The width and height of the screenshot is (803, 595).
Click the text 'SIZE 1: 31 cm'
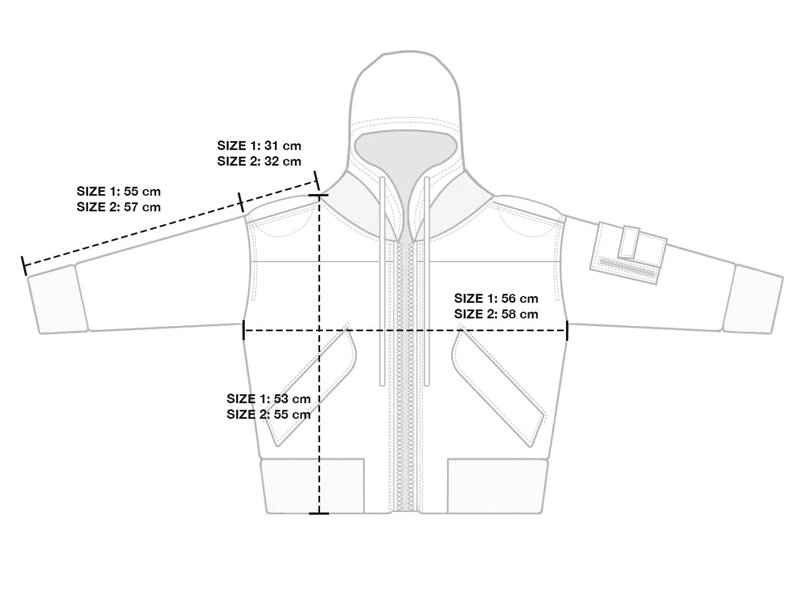(x=259, y=146)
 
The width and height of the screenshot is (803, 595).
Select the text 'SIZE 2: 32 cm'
(x=259, y=162)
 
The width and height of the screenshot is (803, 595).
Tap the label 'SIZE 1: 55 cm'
(x=118, y=192)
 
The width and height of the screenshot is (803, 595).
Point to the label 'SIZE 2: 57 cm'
(x=118, y=207)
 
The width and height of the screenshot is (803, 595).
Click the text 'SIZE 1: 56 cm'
(x=496, y=299)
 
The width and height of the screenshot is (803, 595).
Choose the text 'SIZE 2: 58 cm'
(x=496, y=315)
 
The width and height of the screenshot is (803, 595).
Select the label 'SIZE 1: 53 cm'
(x=268, y=399)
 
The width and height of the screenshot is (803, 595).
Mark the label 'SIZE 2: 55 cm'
(x=268, y=415)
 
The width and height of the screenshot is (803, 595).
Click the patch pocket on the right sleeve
(x=628, y=252)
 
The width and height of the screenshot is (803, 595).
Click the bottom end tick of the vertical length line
(x=319, y=513)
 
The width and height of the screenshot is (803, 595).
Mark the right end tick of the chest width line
(x=567, y=331)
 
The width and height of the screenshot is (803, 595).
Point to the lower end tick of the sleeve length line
(x=24, y=266)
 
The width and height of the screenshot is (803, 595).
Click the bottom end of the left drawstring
(x=382, y=383)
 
